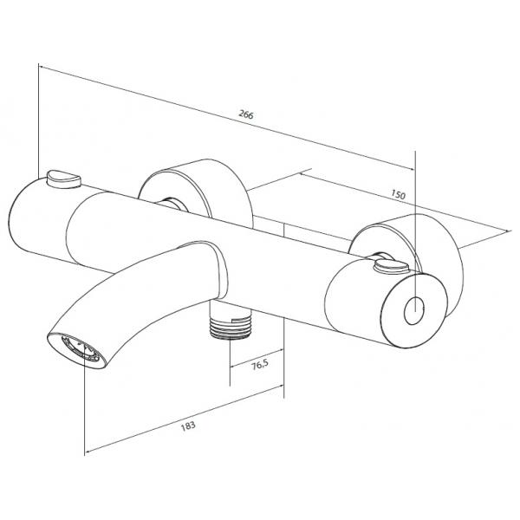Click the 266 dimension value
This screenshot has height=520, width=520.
point(246,114)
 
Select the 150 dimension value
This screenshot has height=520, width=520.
point(398,194)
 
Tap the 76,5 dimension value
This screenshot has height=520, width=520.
point(259,365)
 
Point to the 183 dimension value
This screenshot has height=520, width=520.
point(188,426)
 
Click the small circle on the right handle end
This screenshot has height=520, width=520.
point(414,310)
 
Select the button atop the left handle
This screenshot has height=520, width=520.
point(64,179)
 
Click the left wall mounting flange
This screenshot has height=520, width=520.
point(196,192)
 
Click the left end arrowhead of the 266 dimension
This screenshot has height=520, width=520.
point(42,67)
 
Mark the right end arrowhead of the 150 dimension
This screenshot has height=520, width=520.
point(508,231)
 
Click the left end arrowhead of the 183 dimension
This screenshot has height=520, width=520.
point(88,452)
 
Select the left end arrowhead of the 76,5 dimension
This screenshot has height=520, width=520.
point(233,366)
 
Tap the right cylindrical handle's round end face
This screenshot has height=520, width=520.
point(413,311)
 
